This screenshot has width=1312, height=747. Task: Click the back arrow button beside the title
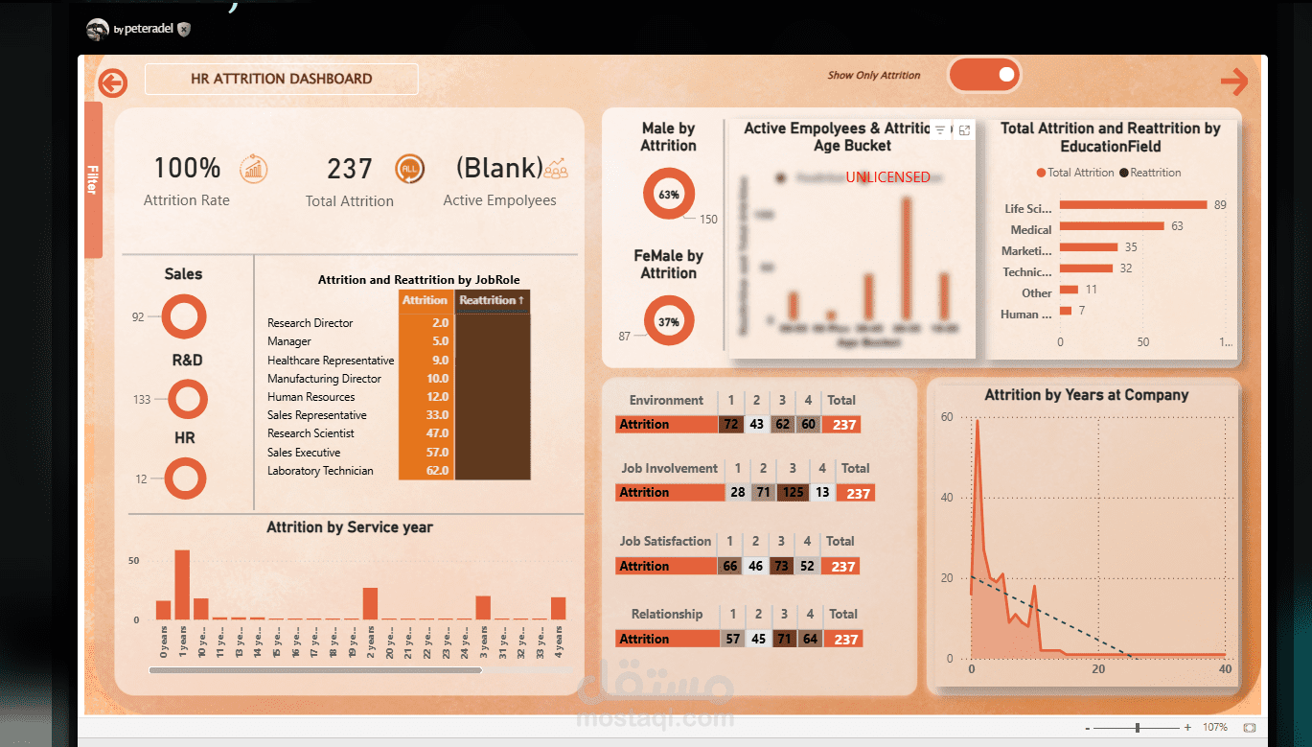point(112,83)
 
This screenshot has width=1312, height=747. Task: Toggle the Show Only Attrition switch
point(984,75)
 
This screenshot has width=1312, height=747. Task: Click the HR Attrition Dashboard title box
point(281,79)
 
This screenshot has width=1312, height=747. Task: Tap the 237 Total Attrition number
point(349,170)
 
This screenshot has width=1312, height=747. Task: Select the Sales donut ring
point(183,315)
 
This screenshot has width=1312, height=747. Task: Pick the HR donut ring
point(184,479)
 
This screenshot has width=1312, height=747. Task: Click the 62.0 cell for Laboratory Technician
point(426,471)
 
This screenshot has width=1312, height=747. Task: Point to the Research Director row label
point(311,323)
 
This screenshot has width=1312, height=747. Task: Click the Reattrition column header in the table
point(492,300)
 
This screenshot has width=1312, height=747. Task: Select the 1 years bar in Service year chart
point(182,585)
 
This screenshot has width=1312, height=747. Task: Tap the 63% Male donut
point(668,194)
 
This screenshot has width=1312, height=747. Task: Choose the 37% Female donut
point(668,322)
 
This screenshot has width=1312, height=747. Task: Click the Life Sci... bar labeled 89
point(1132,204)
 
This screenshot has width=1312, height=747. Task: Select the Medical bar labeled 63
point(1111,226)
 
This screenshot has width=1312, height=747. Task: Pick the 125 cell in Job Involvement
point(793,492)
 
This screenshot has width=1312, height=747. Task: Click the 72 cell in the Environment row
point(730,424)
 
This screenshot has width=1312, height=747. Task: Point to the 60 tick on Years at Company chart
point(947,417)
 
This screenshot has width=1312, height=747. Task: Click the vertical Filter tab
point(93,179)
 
